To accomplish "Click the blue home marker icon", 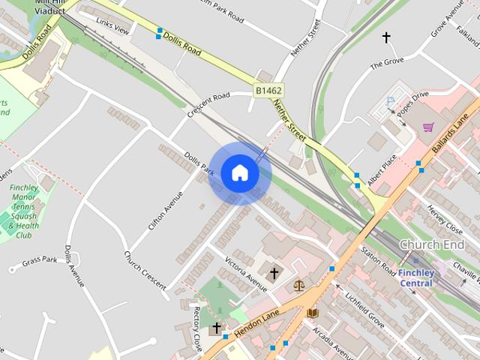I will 240,172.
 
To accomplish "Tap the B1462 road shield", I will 268,90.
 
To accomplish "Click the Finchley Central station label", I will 415,277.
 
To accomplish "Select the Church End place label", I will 431,245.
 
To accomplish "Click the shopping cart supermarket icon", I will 428,127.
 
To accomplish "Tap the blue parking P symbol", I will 389,101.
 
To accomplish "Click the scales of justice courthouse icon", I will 299,286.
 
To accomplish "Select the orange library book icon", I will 313,313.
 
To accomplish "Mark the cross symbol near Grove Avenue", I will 387,37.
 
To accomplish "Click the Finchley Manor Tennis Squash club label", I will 25,211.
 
